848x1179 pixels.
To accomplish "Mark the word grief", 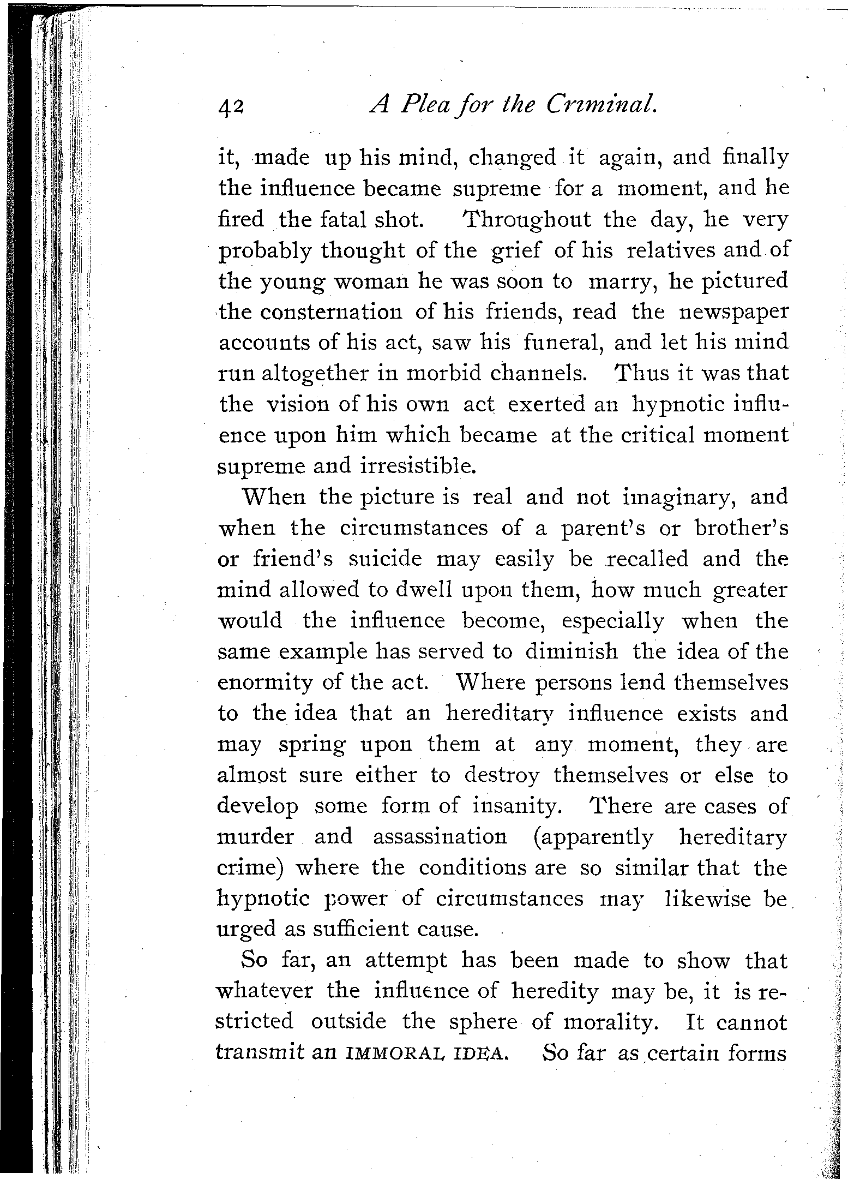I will click(516, 251).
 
